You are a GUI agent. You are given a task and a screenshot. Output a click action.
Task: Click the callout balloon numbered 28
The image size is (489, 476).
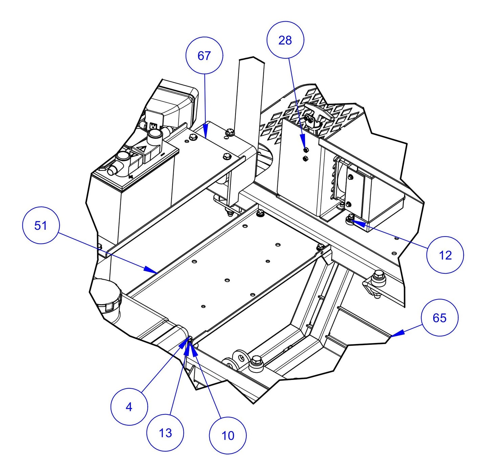(x=285, y=40)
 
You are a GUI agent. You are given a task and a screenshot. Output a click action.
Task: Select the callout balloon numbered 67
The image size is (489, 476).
(x=204, y=55)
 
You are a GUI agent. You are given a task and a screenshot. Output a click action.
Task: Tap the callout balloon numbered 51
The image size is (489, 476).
(x=41, y=225)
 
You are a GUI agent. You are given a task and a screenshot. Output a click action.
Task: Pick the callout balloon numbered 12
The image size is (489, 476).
(x=445, y=255)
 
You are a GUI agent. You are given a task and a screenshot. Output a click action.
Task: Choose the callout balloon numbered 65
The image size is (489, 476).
(x=439, y=317)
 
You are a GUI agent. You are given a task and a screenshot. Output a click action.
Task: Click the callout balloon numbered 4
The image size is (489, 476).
(x=129, y=407)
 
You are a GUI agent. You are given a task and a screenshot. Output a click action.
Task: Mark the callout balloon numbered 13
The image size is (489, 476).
(x=165, y=433)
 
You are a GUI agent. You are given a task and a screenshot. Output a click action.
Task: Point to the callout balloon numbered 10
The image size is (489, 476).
(x=228, y=435)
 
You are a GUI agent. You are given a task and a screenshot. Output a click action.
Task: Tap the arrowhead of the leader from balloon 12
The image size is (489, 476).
(x=352, y=222)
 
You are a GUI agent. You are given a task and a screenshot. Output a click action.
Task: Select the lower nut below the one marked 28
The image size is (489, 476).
(x=305, y=158)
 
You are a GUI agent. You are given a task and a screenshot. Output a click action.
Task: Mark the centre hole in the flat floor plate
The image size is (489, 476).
(x=227, y=280)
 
